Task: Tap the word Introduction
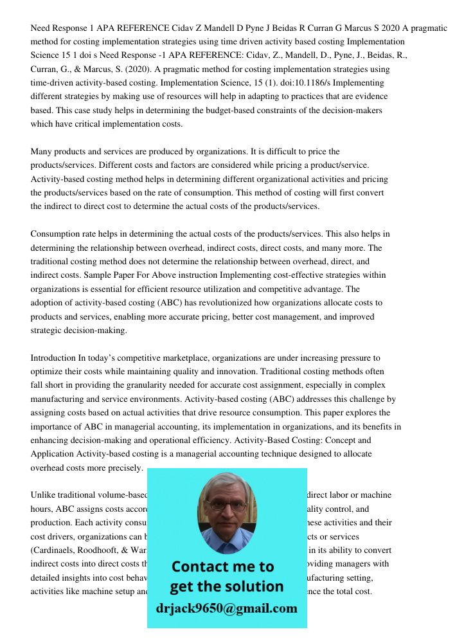[53, 358]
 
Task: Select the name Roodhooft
[114, 550]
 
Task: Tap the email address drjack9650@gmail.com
[227, 608]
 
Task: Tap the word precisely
[123, 468]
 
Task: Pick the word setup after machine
[135, 592]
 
